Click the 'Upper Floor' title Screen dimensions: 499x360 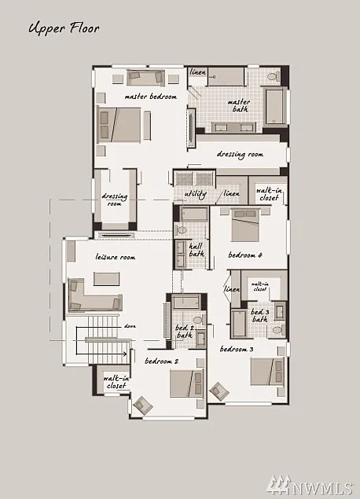click(64, 29)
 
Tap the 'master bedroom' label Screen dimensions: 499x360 click(150, 97)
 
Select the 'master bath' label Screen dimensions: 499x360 click(239, 106)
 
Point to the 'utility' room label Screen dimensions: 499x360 click(196, 193)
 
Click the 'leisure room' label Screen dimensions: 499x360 click(116, 257)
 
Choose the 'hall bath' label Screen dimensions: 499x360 click(197, 250)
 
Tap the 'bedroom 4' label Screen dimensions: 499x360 click(245, 255)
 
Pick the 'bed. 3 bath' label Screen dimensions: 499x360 click(259, 317)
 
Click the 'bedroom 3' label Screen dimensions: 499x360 click(237, 348)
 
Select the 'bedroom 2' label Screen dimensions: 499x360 click(162, 361)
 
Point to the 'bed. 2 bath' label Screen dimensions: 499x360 click(184, 331)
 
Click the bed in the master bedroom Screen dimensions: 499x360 click(123, 125)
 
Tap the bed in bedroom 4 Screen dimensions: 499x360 click(246, 226)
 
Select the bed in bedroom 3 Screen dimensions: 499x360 click(266, 372)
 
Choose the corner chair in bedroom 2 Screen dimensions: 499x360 click(143, 405)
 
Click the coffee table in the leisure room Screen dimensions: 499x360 click(106, 278)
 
